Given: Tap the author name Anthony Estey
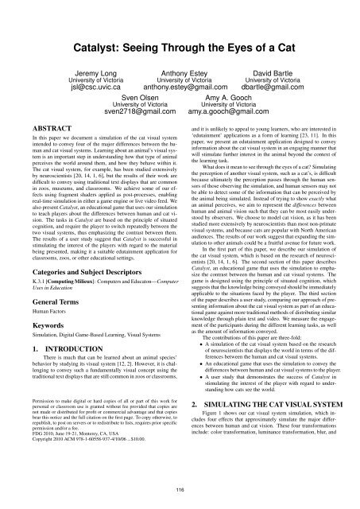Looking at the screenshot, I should (180, 51).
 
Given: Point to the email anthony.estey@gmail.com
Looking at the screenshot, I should (180, 68).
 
